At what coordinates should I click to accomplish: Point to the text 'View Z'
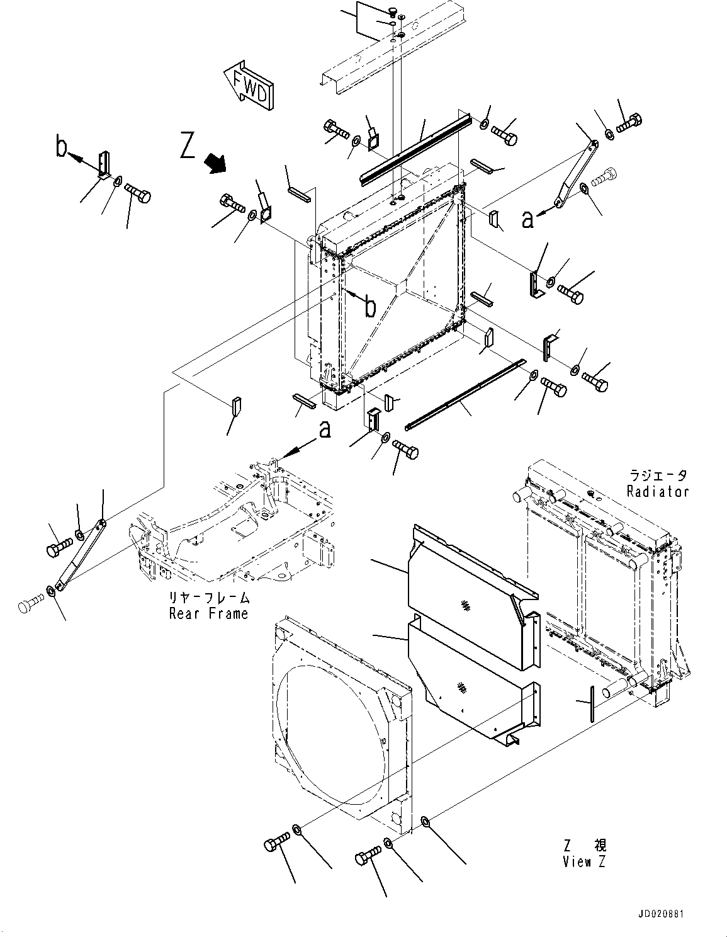[584, 862]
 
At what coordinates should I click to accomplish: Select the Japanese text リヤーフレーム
[208, 598]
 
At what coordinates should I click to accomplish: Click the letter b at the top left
[61, 147]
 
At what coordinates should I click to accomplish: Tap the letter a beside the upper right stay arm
[527, 219]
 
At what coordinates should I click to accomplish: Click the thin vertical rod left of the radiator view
[592, 705]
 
